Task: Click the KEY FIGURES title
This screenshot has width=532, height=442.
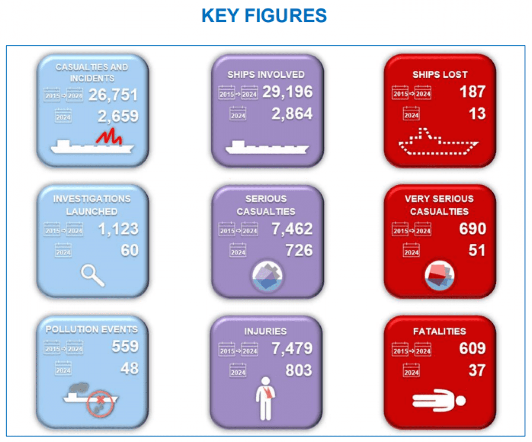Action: point(264,16)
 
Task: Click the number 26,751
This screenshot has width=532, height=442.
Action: point(113,95)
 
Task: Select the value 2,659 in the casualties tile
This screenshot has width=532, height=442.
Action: point(118,116)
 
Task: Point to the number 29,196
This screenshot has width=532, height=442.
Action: point(287,92)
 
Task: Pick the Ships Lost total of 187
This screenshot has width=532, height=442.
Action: point(472,92)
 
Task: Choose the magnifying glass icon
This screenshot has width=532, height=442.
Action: point(92,275)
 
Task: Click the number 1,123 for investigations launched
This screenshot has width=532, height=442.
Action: point(118,229)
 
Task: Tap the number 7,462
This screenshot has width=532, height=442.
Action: point(292,229)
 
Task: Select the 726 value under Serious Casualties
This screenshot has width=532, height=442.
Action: point(299,250)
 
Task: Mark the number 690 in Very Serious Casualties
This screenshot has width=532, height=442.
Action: point(472,229)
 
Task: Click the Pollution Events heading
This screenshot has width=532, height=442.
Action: point(92,329)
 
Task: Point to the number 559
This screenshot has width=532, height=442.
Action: point(125,346)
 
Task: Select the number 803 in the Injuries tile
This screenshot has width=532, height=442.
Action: point(299,370)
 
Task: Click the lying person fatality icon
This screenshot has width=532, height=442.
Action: point(438,400)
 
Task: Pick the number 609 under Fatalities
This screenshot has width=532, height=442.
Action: point(472,348)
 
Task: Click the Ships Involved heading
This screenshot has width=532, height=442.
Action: point(266,74)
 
